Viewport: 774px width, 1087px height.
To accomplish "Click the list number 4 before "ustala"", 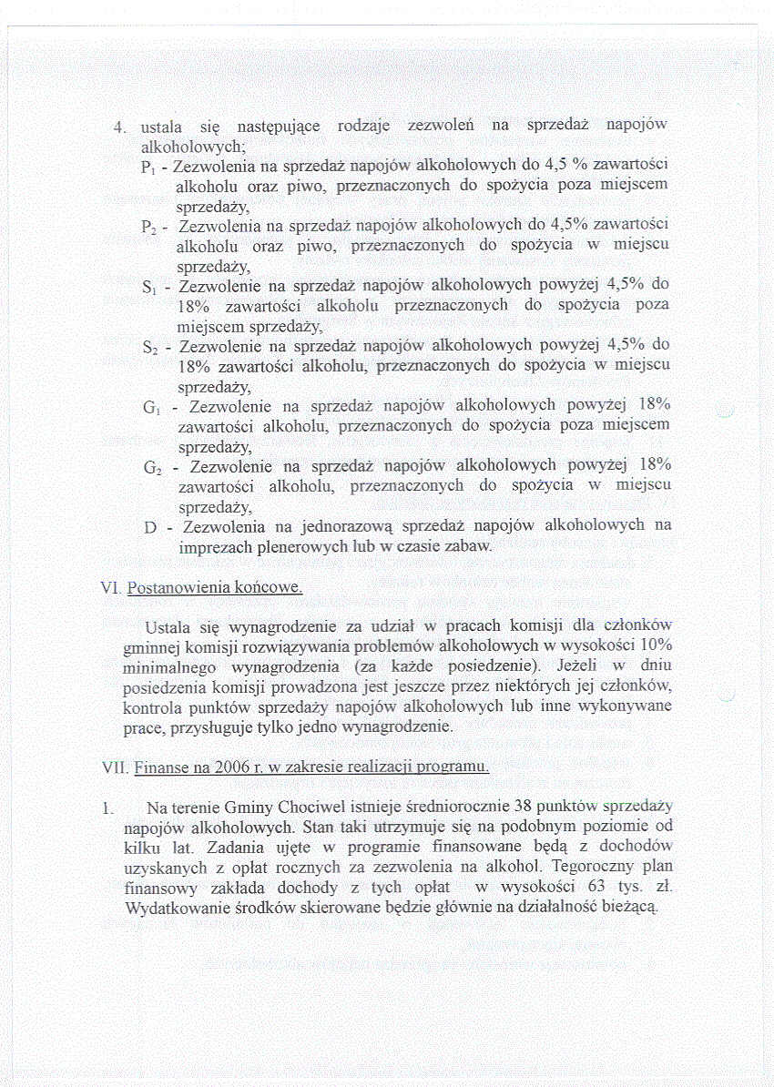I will point(117,127).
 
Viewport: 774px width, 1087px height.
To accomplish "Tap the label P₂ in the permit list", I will point(149,227).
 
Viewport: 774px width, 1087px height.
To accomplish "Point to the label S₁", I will point(149,288).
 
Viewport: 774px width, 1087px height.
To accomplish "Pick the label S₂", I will point(150,347).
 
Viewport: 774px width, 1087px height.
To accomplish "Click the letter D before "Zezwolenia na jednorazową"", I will point(150,527).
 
